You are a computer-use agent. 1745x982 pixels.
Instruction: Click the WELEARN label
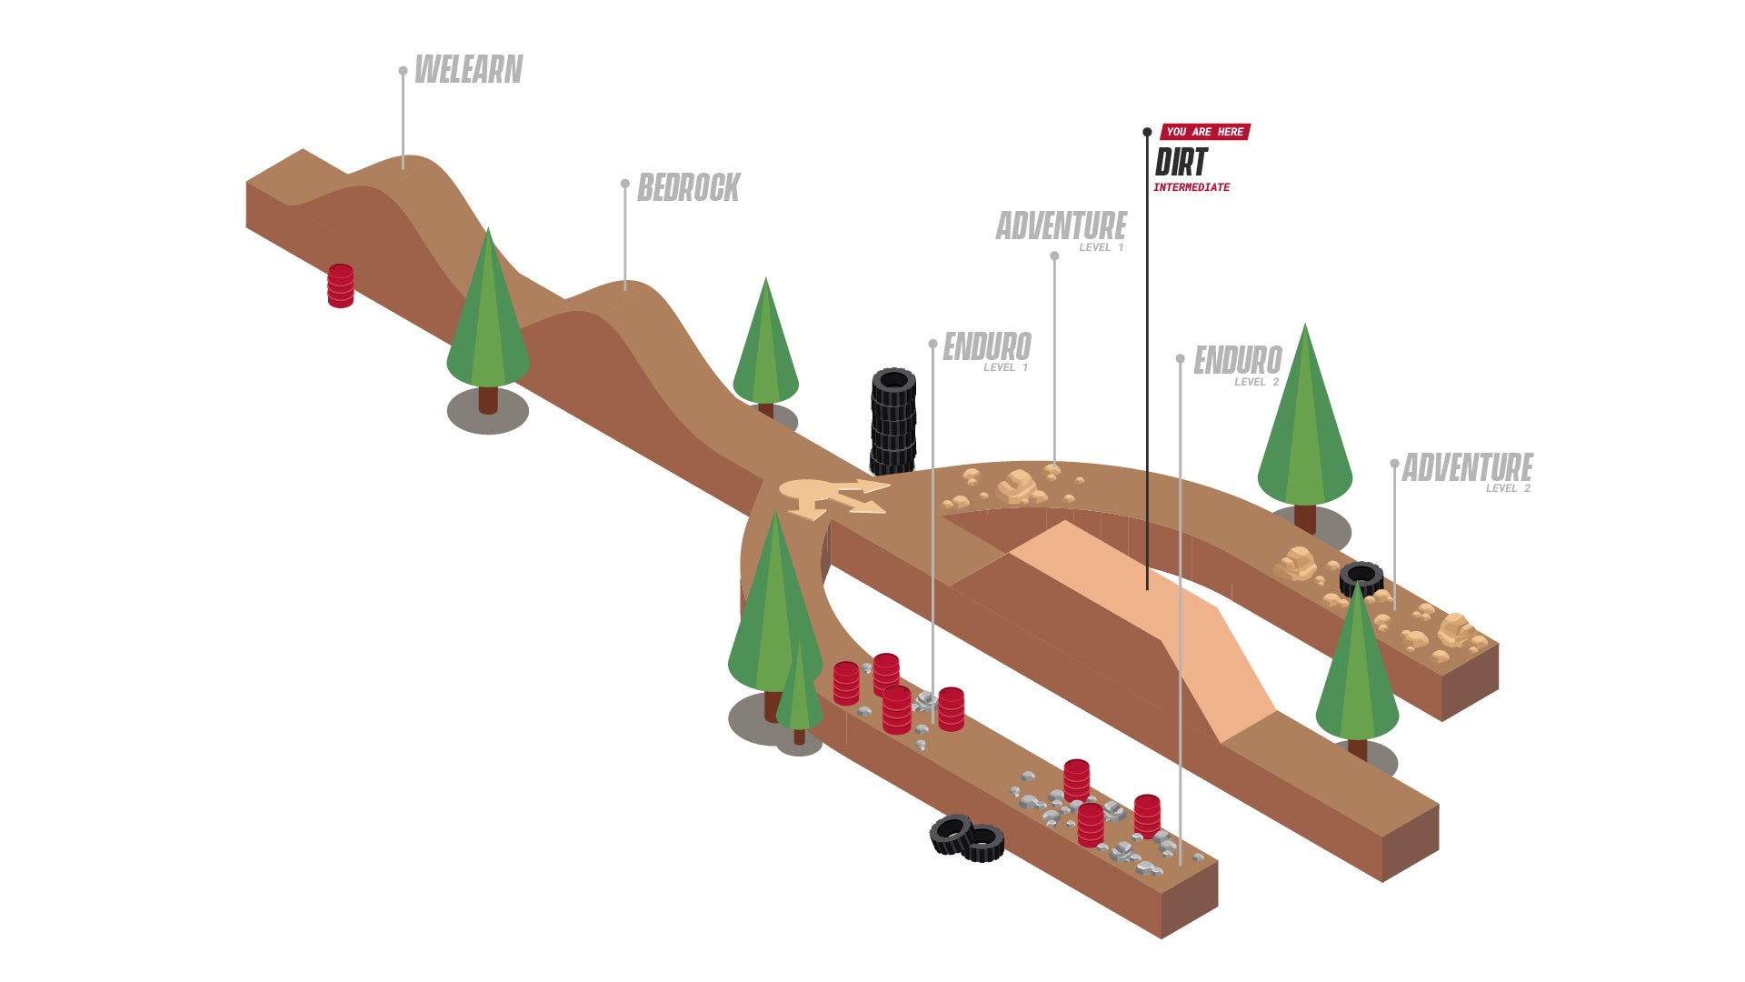tap(469, 70)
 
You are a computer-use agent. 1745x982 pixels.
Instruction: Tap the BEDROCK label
tap(689, 188)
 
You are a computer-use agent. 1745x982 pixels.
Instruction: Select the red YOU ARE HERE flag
tap(1205, 132)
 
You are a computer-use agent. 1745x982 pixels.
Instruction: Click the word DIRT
tap(1181, 163)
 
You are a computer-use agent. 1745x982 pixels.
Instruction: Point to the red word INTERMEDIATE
tap(1192, 187)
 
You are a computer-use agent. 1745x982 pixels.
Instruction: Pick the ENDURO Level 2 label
tap(1238, 365)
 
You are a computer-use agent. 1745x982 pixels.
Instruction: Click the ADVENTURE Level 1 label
tap(1062, 230)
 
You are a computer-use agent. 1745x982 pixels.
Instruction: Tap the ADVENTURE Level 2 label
tap(1468, 472)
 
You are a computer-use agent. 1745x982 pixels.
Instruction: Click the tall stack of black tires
tap(893, 422)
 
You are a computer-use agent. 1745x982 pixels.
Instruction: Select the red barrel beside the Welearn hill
tap(341, 286)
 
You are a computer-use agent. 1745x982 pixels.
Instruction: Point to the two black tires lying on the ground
tap(967, 838)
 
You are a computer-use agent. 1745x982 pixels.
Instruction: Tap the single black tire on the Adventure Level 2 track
tap(1361, 578)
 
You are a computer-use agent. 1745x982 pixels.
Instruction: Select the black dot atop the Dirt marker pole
tap(1147, 133)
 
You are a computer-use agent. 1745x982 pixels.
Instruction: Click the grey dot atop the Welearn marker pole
tap(403, 70)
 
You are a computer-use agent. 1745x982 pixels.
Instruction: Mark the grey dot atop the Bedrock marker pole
tap(625, 184)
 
